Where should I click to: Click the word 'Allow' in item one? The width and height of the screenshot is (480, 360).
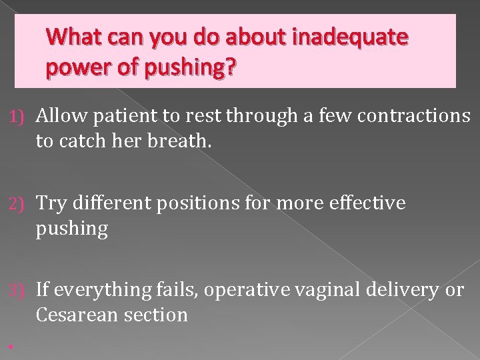pyautogui.click(x=62, y=116)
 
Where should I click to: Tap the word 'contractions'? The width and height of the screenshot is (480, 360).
pyautogui.click(x=413, y=116)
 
